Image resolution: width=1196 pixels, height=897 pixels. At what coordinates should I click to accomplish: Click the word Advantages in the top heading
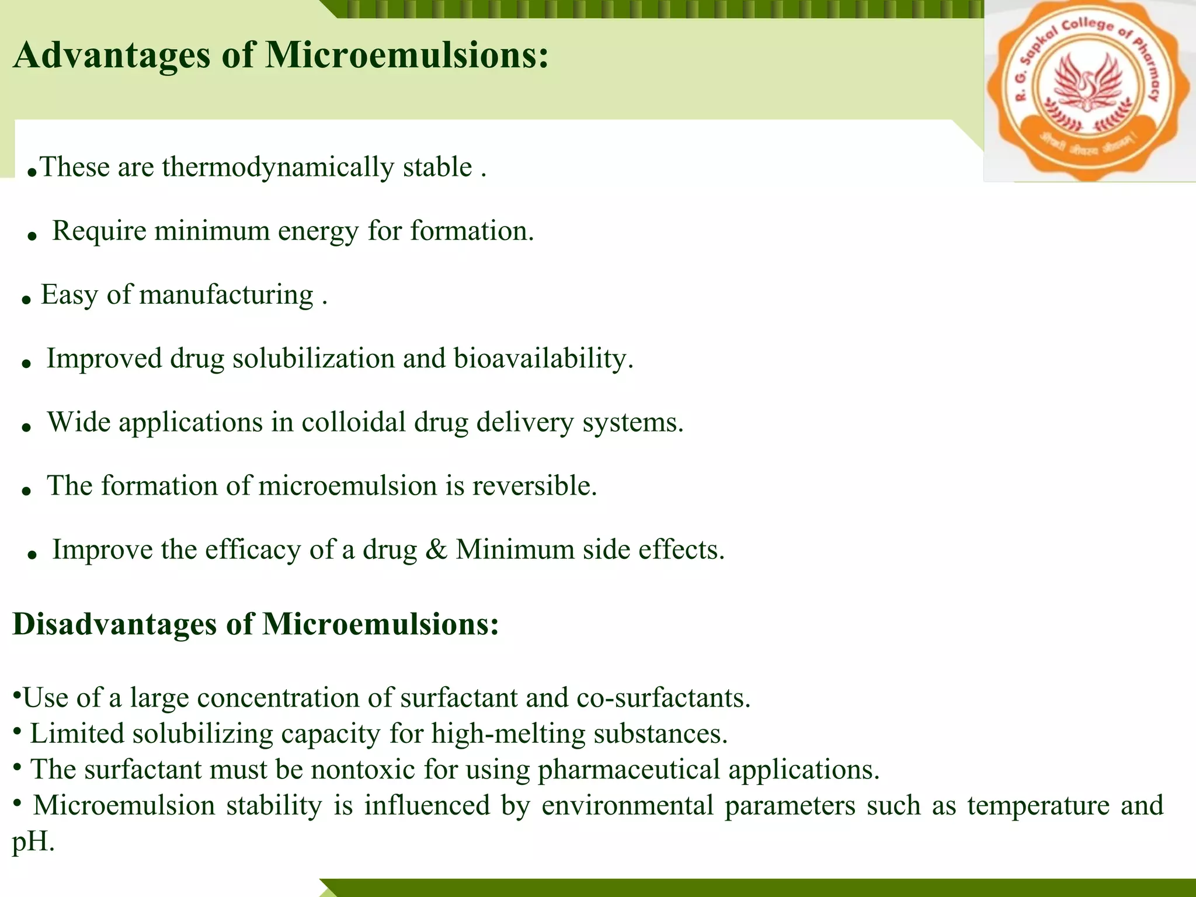point(111,56)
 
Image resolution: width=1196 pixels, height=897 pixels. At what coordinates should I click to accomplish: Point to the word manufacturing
point(227,295)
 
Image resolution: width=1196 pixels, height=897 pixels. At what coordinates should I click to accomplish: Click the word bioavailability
point(543,359)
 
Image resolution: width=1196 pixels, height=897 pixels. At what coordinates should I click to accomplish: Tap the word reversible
point(534,486)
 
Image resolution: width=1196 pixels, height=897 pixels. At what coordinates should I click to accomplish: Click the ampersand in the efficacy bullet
point(436,550)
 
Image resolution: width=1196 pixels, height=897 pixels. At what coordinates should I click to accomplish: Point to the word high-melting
point(508,734)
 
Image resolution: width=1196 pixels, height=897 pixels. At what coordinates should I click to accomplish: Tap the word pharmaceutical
point(628,770)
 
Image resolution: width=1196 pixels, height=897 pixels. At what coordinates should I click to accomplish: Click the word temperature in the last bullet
point(1038,806)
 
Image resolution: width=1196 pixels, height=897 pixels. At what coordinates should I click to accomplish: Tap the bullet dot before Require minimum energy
point(33,236)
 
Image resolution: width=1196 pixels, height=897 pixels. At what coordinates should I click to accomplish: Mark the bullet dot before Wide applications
point(26,427)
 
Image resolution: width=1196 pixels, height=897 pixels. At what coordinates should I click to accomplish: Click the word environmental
point(627,806)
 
